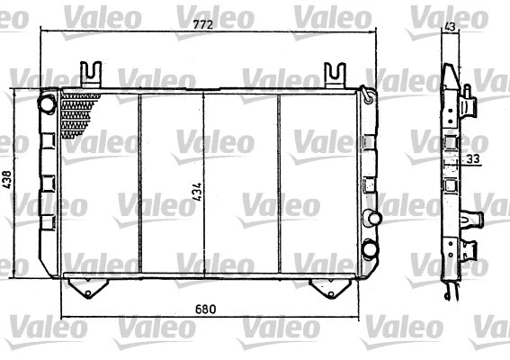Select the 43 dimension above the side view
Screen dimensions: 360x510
point(451,27)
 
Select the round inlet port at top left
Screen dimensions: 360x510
point(47,103)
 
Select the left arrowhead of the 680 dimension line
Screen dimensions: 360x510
point(64,319)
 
